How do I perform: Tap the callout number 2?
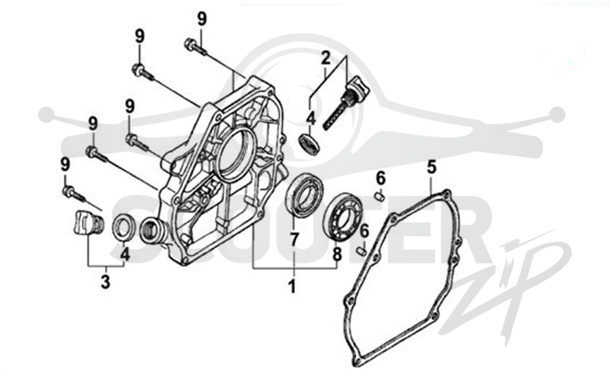click(x=326, y=59)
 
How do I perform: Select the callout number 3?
click(x=105, y=282)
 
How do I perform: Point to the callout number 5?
click(x=432, y=167)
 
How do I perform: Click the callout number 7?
click(x=294, y=240)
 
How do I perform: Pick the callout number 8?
click(x=337, y=255)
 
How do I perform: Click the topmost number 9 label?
click(x=202, y=18)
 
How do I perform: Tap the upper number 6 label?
click(x=380, y=178)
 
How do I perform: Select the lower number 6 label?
click(x=364, y=232)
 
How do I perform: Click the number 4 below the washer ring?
click(x=124, y=255)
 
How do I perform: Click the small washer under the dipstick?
click(x=310, y=142)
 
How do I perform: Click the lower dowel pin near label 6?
click(x=361, y=250)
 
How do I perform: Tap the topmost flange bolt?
click(x=196, y=46)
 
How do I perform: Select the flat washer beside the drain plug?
click(x=124, y=228)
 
